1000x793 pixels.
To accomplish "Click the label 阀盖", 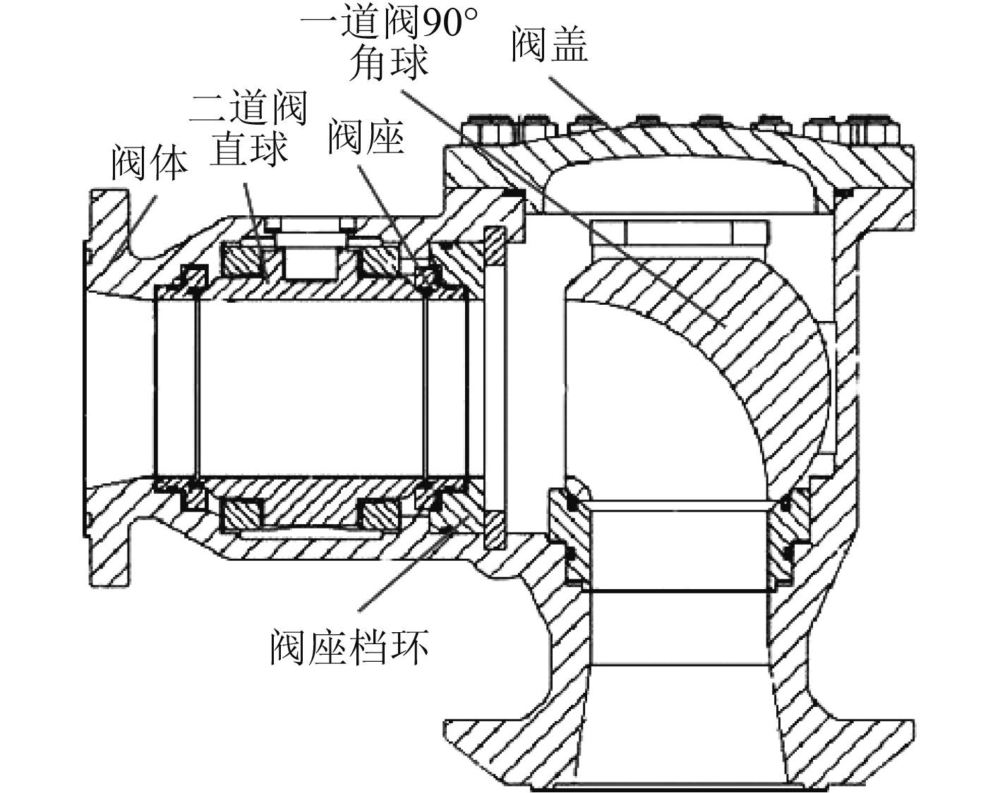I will [x=549, y=44].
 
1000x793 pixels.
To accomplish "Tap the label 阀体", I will [x=150, y=163].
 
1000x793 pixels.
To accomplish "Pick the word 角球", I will [x=390, y=62].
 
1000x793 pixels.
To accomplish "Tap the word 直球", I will [x=248, y=149].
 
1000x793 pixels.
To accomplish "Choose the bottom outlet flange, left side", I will [x=494, y=748].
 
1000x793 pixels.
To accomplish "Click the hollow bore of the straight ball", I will [x=311, y=388].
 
